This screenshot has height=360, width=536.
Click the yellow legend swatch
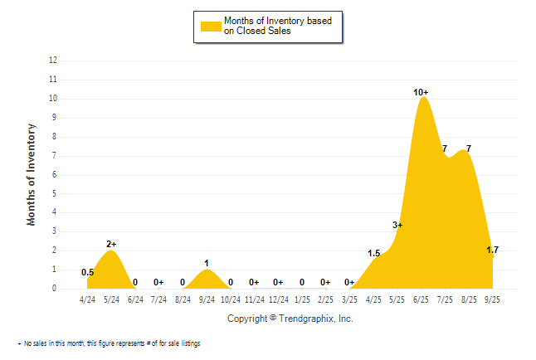[210, 26]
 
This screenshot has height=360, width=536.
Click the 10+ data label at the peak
[421, 92]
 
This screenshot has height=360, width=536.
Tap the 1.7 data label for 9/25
[492, 250]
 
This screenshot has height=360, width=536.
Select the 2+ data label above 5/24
[111, 244]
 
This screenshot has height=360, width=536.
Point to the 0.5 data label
[87, 272]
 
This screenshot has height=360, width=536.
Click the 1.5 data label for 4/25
[373, 254]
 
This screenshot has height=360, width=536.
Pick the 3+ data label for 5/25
[397, 225]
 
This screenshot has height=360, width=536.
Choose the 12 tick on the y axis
[53, 61]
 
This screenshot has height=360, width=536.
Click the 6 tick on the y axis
[55, 174]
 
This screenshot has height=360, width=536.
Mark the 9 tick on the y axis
[55, 117]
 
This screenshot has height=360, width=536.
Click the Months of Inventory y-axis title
[32, 174]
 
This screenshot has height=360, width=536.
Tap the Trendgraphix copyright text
[290, 319]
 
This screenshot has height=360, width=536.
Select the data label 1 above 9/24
[207, 263]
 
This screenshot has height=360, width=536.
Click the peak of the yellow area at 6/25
[423, 99]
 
